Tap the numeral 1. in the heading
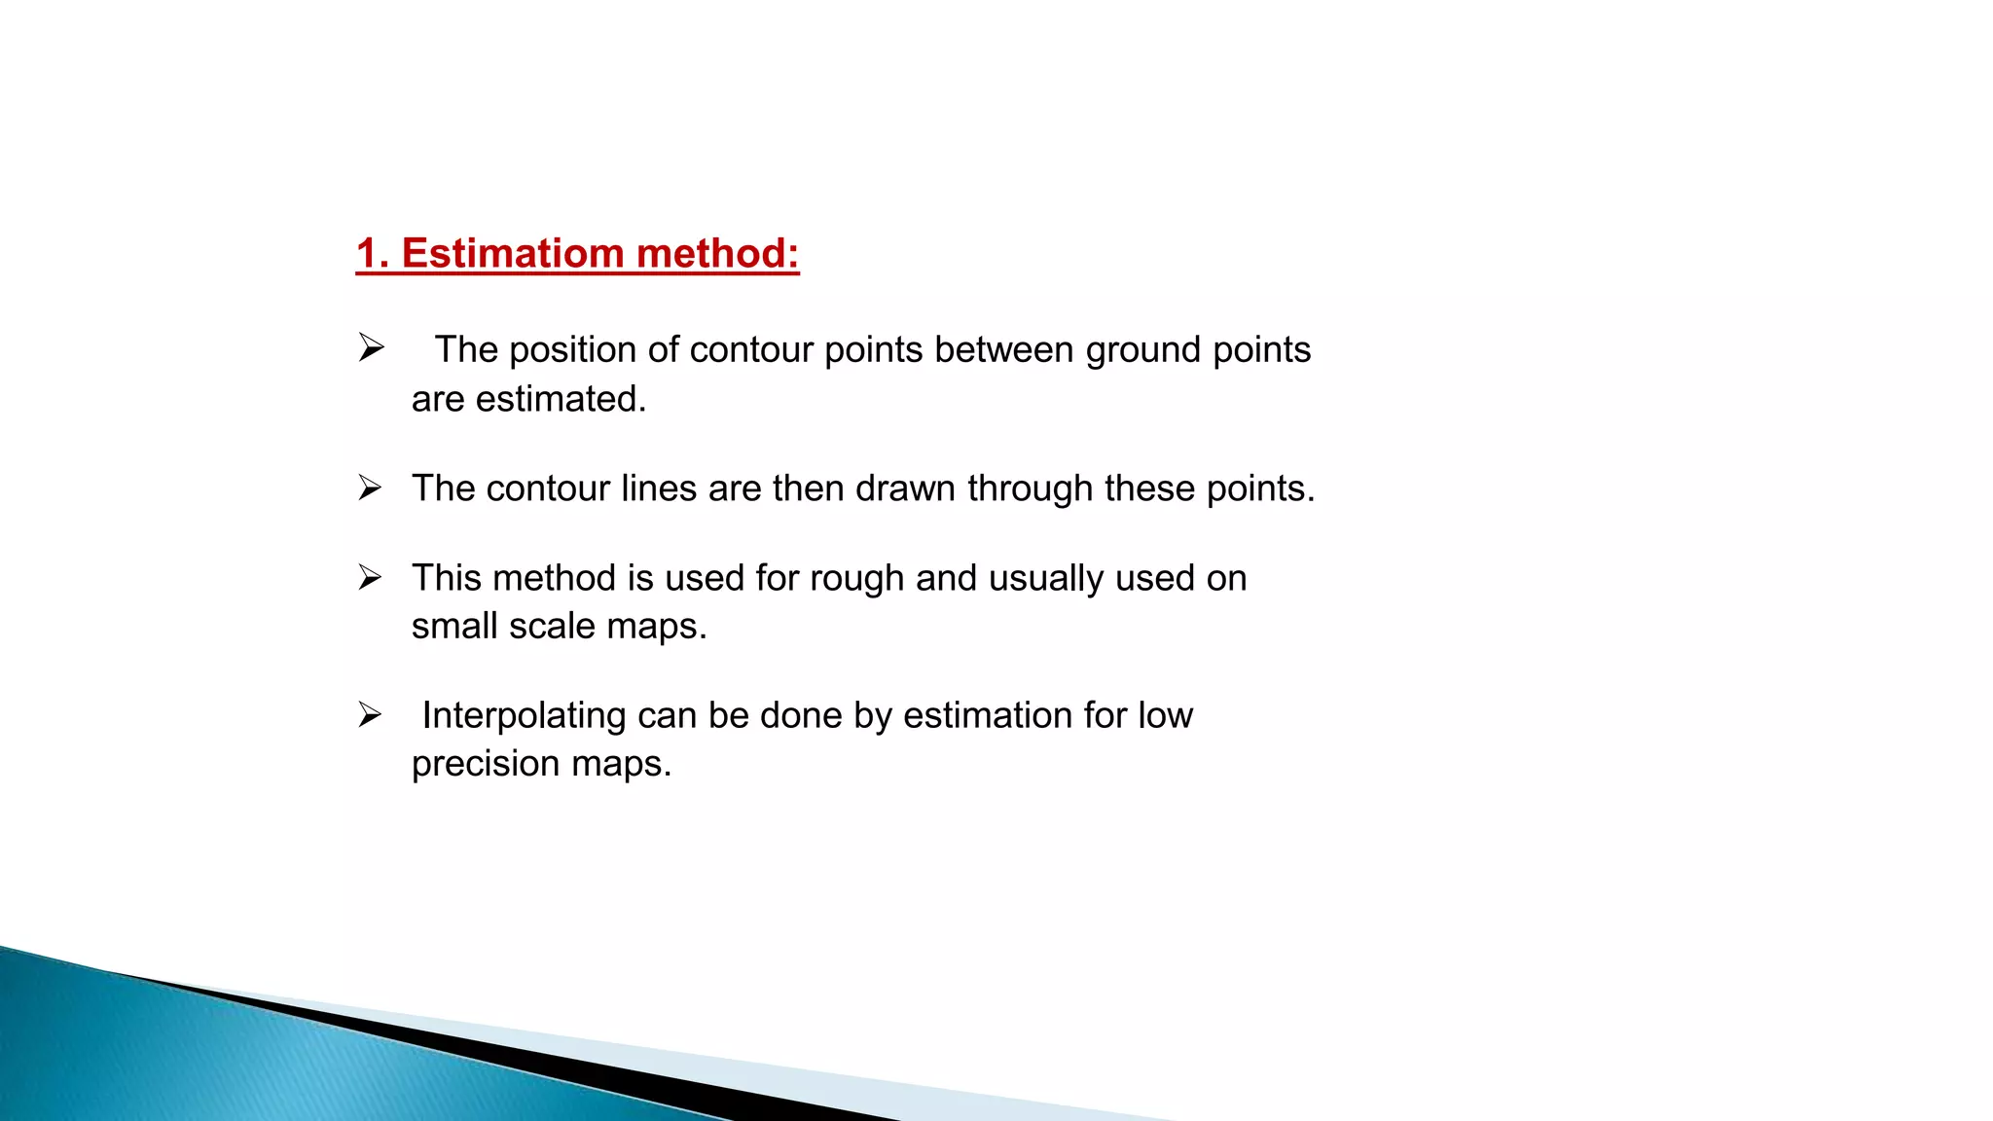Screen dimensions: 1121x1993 [x=373, y=254]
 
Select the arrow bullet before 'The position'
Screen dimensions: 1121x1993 [x=371, y=347]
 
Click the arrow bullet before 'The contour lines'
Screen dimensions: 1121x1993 [x=370, y=488]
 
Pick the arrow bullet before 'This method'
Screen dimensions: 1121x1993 [x=370, y=577]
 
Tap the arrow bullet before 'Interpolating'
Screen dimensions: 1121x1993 [x=370, y=715]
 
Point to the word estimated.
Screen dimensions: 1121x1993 [x=561, y=399]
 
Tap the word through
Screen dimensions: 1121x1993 [x=1030, y=488]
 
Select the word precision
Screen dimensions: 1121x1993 [x=486, y=764]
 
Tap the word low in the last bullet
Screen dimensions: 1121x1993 [x=1165, y=715]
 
